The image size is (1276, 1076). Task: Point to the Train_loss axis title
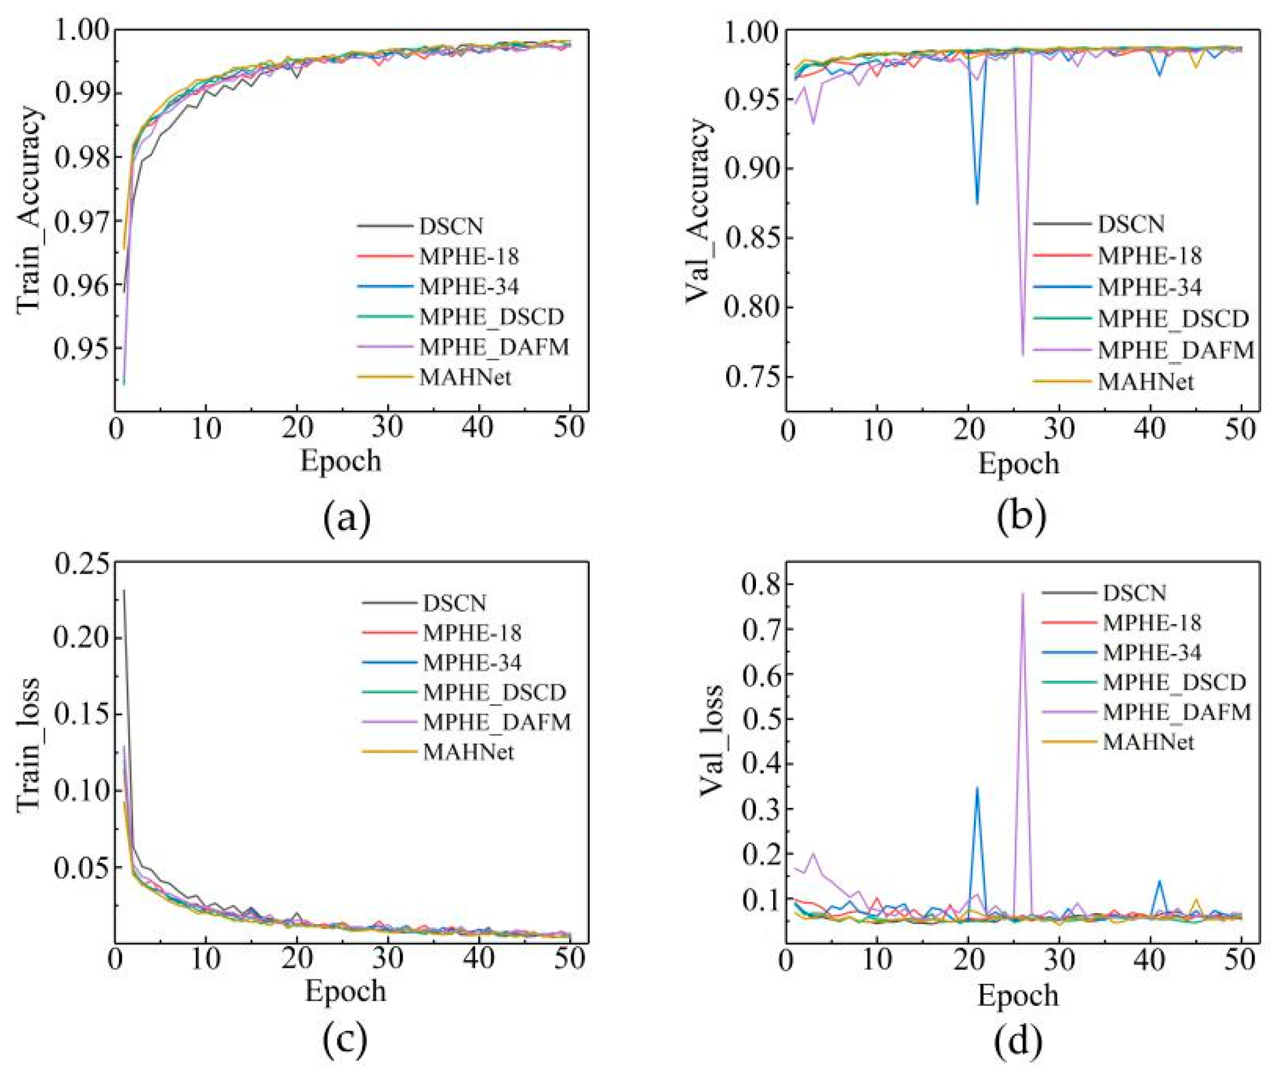pyautogui.click(x=29, y=744)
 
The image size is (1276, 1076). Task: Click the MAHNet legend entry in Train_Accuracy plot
pyautogui.click(x=465, y=377)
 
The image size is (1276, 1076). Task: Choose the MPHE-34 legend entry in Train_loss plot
pyautogui.click(x=472, y=662)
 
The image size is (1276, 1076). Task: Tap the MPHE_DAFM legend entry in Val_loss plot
pyautogui.click(x=1176, y=712)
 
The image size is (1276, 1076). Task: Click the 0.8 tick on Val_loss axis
pyautogui.click(x=761, y=584)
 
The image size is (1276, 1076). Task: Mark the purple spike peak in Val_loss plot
pyautogui.click(x=1022, y=593)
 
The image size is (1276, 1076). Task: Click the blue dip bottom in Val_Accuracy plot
pyautogui.click(x=977, y=204)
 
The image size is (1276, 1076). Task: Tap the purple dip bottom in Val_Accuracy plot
pyautogui.click(x=1023, y=354)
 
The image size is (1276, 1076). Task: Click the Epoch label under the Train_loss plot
pyautogui.click(x=345, y=991)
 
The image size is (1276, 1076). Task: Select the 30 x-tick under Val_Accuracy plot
pyautogui.click(x=1059, y=430)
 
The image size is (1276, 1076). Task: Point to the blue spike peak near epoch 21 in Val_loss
pyautogui.click(x=977, y=788)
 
